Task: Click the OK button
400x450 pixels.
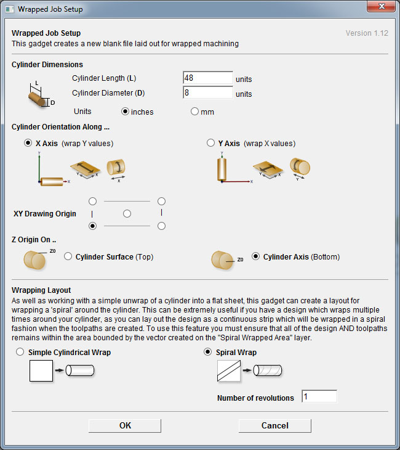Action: pyautogui.click(x=125, y=425)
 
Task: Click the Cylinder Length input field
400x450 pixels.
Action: pyautogui.click(x=207, y=78)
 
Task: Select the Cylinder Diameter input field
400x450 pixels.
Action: pyautogui.click(x=207, y=93)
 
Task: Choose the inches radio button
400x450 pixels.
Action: pyautogui.click(x=126, y=112)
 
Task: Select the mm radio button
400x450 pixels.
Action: pyautogui.click(x=194, y=112)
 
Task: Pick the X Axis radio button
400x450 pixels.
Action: pyautogui.click(x=28, y=143)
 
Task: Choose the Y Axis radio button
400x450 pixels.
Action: pyautogui.click(x=211, y=143)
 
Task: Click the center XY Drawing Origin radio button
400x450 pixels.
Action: pyautogui.click(x=127, y=214)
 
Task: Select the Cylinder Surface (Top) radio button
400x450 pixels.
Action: pyautogui.click(x=68, y=256)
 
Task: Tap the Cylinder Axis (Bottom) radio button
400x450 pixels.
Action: pyautogui.click(x=255, y=256)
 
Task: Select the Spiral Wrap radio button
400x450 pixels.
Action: pyautogui.click(x=208, y=353)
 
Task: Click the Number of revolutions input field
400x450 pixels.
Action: pyautogui.click(x=319, y=397)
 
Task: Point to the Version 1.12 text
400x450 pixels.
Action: pyautogui.click(x=367, y=33)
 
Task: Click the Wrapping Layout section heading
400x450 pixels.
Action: pyautogui.click(x=41, y=290)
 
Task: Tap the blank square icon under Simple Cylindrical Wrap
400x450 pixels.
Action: pyautogui.click(x=41, y=371)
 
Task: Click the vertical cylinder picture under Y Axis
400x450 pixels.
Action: pyautogui.click(x=222, y=168)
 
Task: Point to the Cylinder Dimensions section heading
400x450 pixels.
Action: pyautogui.click(x=47, y=64)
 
